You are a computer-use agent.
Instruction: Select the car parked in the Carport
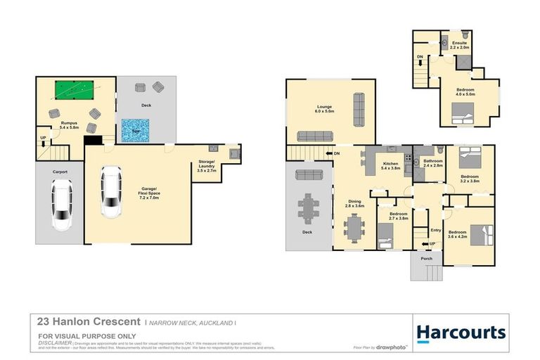61,205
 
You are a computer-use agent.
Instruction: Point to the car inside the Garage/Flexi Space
111,192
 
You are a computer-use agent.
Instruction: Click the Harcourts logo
461,333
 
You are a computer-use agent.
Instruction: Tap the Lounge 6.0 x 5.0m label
324,108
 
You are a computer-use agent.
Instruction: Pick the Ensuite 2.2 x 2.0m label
460,45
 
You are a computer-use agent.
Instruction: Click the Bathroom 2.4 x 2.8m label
433,162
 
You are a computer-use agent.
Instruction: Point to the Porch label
426,259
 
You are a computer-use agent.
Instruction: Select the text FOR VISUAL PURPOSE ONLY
77,336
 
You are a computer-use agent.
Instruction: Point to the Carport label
60,171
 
